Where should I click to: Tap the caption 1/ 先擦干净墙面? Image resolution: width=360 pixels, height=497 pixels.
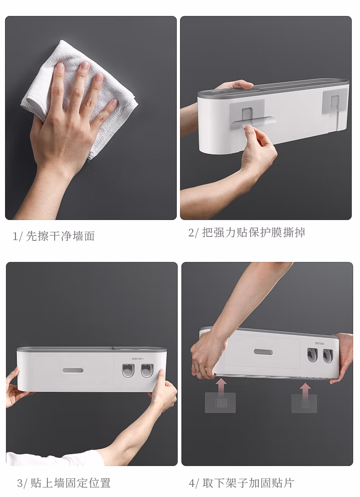(54, 236)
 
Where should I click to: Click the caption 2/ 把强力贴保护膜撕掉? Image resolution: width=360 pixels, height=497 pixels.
(247, 232)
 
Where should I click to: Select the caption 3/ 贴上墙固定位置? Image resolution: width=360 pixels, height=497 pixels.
(64, 483)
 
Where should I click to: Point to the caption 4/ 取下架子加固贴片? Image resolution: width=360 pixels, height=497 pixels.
(242, 483)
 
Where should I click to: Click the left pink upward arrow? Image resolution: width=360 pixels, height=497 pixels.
(221, 386)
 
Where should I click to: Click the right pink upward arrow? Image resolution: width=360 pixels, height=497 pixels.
(305, 390)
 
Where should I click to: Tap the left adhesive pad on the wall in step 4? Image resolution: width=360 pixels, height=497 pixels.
(221, 403)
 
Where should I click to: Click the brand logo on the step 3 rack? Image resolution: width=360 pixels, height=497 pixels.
(138, 359)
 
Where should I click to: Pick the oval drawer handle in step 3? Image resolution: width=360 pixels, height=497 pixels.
(73, 370)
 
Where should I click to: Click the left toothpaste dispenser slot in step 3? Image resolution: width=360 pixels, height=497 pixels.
(129, 370)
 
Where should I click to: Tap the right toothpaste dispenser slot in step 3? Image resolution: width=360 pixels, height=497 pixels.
(147, 370)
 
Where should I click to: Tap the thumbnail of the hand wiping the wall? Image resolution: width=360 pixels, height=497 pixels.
(91, 118)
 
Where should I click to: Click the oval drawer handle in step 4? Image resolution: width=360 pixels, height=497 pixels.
(263, 352)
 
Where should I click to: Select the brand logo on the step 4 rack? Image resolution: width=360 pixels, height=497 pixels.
(320, 343)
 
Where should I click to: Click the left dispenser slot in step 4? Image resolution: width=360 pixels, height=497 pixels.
(312, 355)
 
